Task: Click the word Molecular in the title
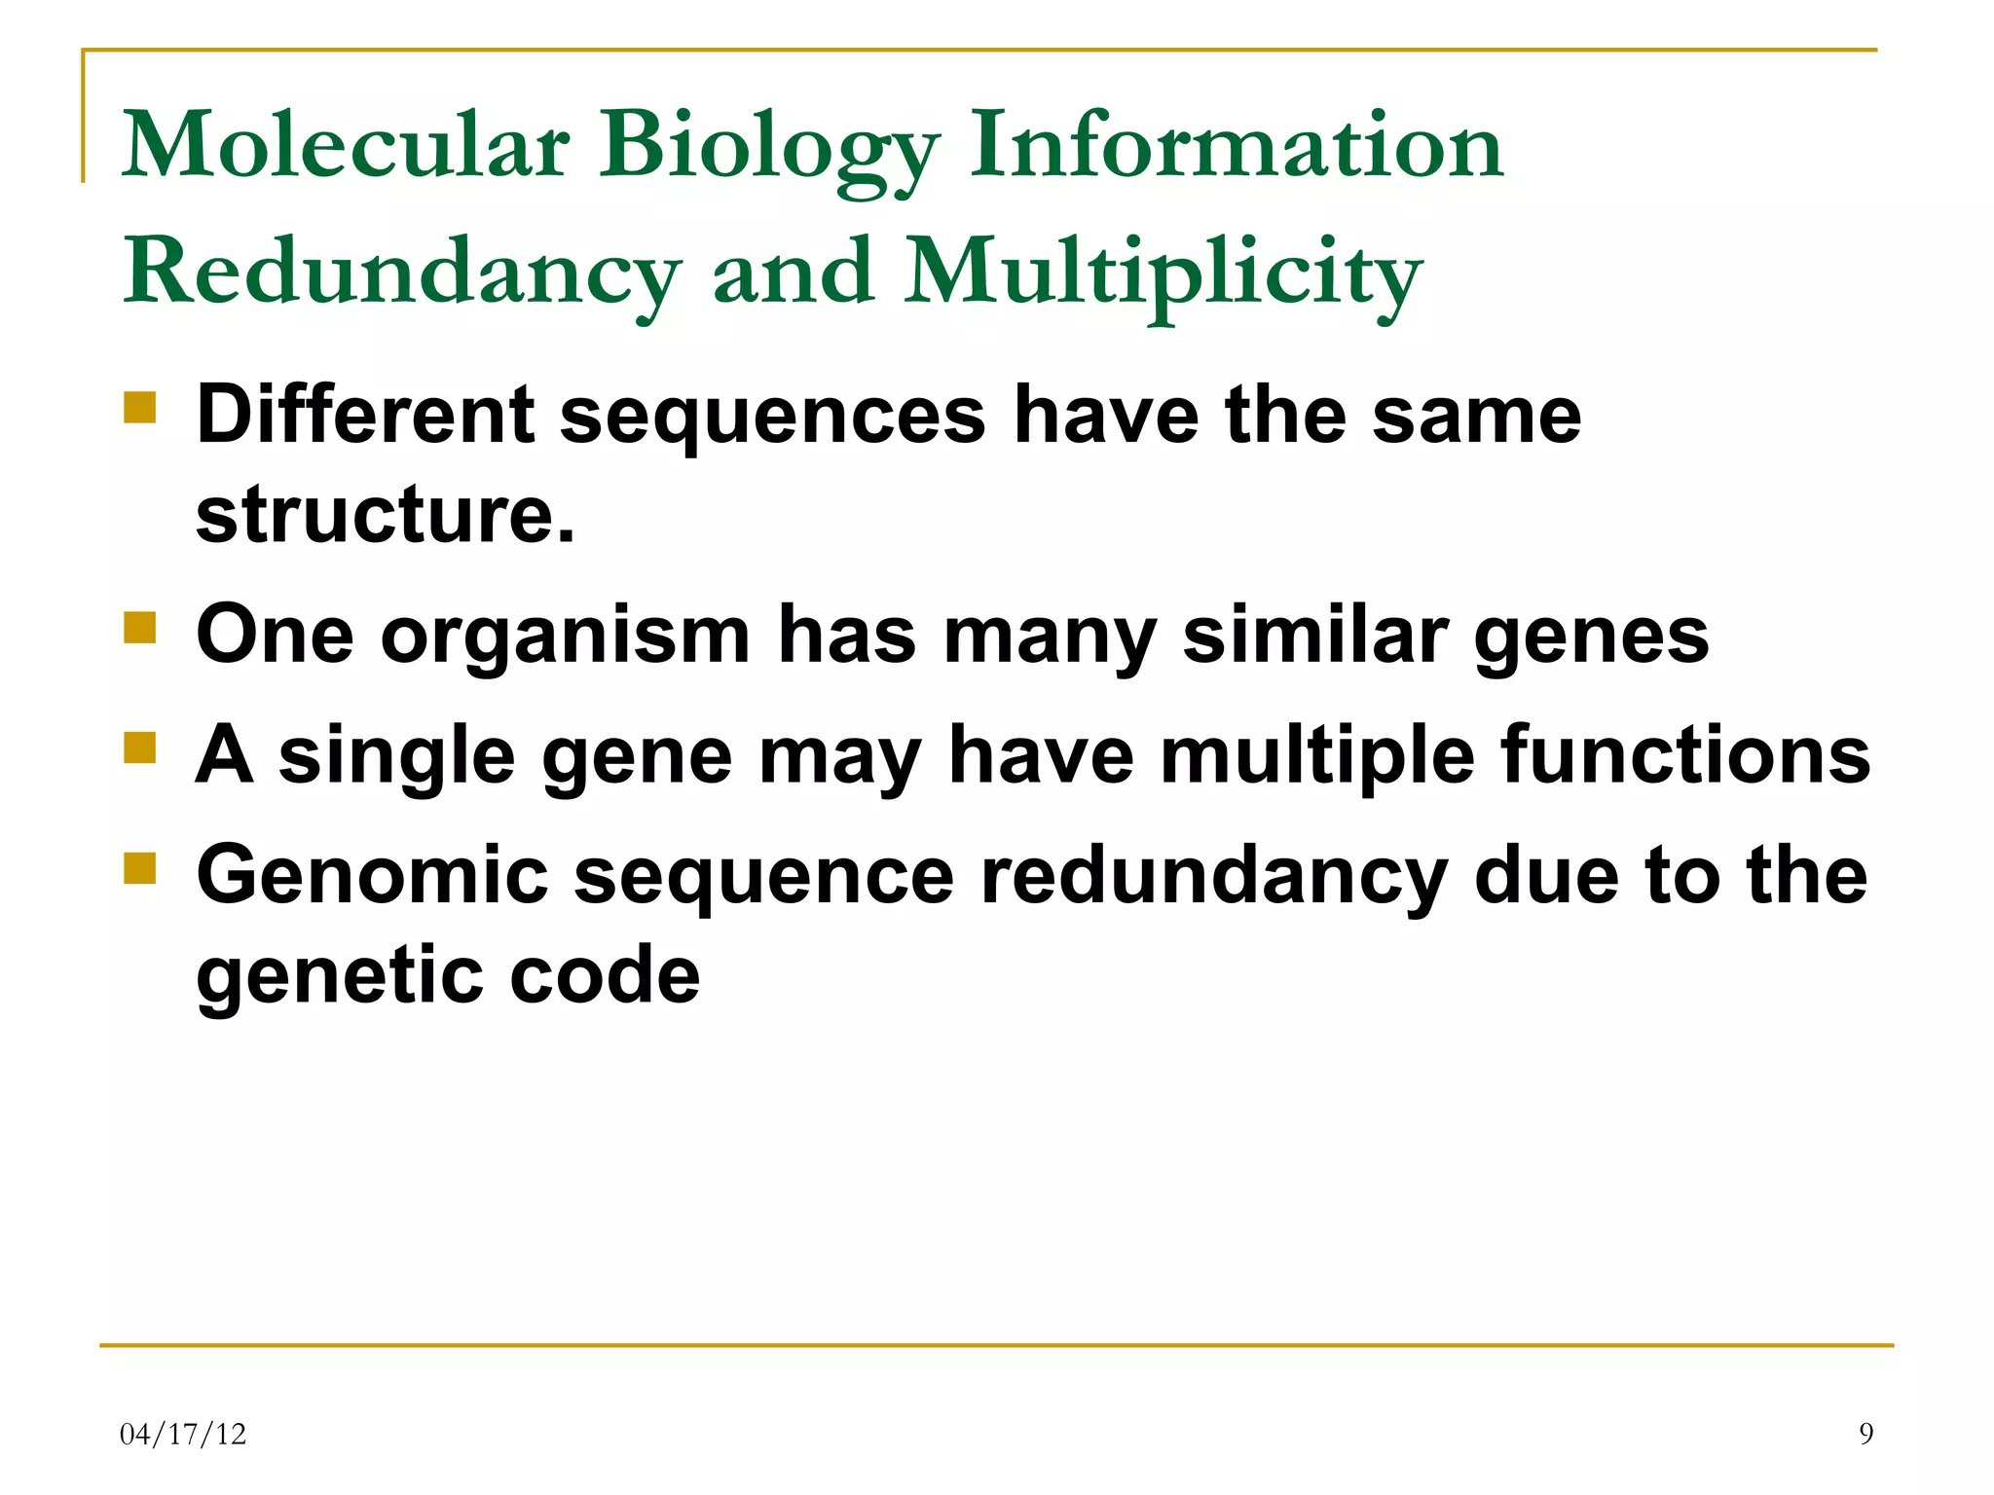346,146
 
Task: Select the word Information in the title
1237,146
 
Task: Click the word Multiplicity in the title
1163,274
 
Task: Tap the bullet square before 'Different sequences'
140,407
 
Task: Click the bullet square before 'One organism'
140,628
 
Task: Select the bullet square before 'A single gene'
140,748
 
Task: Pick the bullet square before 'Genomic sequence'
140,867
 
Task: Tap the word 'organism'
565,638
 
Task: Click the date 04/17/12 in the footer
183,1434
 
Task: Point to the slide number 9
1865,1434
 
